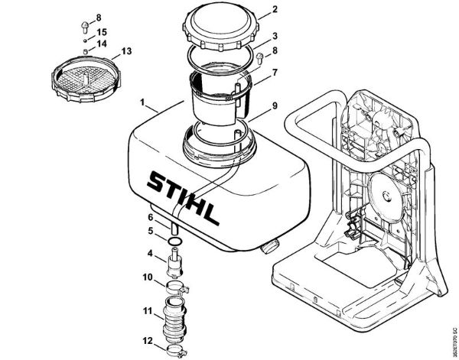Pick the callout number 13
coord(126,50)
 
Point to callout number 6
coord(151,217)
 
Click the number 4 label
coord(151,253)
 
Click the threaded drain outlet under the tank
coord(269,247)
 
